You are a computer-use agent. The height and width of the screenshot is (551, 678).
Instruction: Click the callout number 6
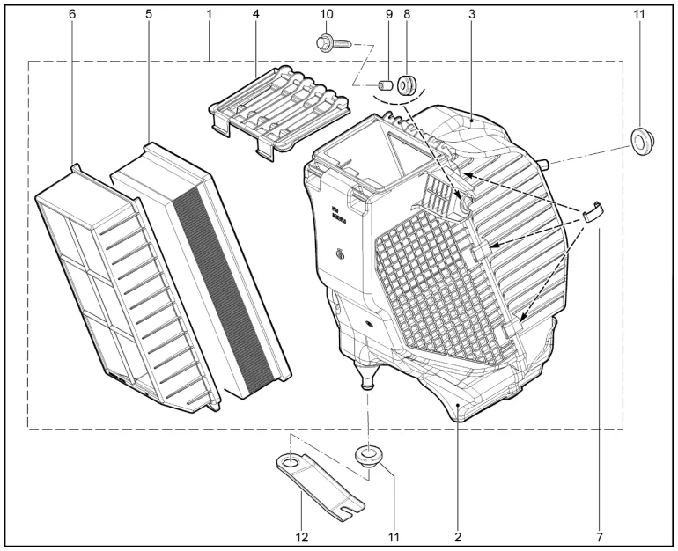pos(72,14)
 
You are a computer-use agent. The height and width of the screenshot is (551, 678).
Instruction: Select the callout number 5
pos(149,14)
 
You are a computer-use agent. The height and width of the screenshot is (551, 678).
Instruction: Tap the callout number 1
pos(210,14)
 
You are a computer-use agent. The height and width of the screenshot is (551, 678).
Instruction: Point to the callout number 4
pos(256,14)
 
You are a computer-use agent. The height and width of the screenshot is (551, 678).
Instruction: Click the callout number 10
pos(327,14)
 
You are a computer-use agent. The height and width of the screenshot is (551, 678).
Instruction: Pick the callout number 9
pos(389,14)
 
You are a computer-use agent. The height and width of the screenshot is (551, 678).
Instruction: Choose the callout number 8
pos(407,14)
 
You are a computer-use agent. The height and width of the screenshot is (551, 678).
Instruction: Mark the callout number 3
pos(472,14)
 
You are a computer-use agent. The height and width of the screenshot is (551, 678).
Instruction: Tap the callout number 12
pos(302,537)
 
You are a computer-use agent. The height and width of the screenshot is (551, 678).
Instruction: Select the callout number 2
pos(459,537)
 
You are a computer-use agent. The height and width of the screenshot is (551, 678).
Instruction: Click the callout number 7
pos(600,537)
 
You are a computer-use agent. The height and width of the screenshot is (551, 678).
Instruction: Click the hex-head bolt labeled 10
pos(335,43)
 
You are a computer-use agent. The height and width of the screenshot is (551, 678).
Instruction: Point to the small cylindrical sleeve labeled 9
pos(386,84)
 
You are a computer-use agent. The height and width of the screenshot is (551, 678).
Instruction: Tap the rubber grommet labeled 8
pos(407,84)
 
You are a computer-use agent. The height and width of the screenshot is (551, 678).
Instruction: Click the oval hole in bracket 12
pos(290,464)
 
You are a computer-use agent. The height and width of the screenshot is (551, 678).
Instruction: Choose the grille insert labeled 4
pos(280,114)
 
